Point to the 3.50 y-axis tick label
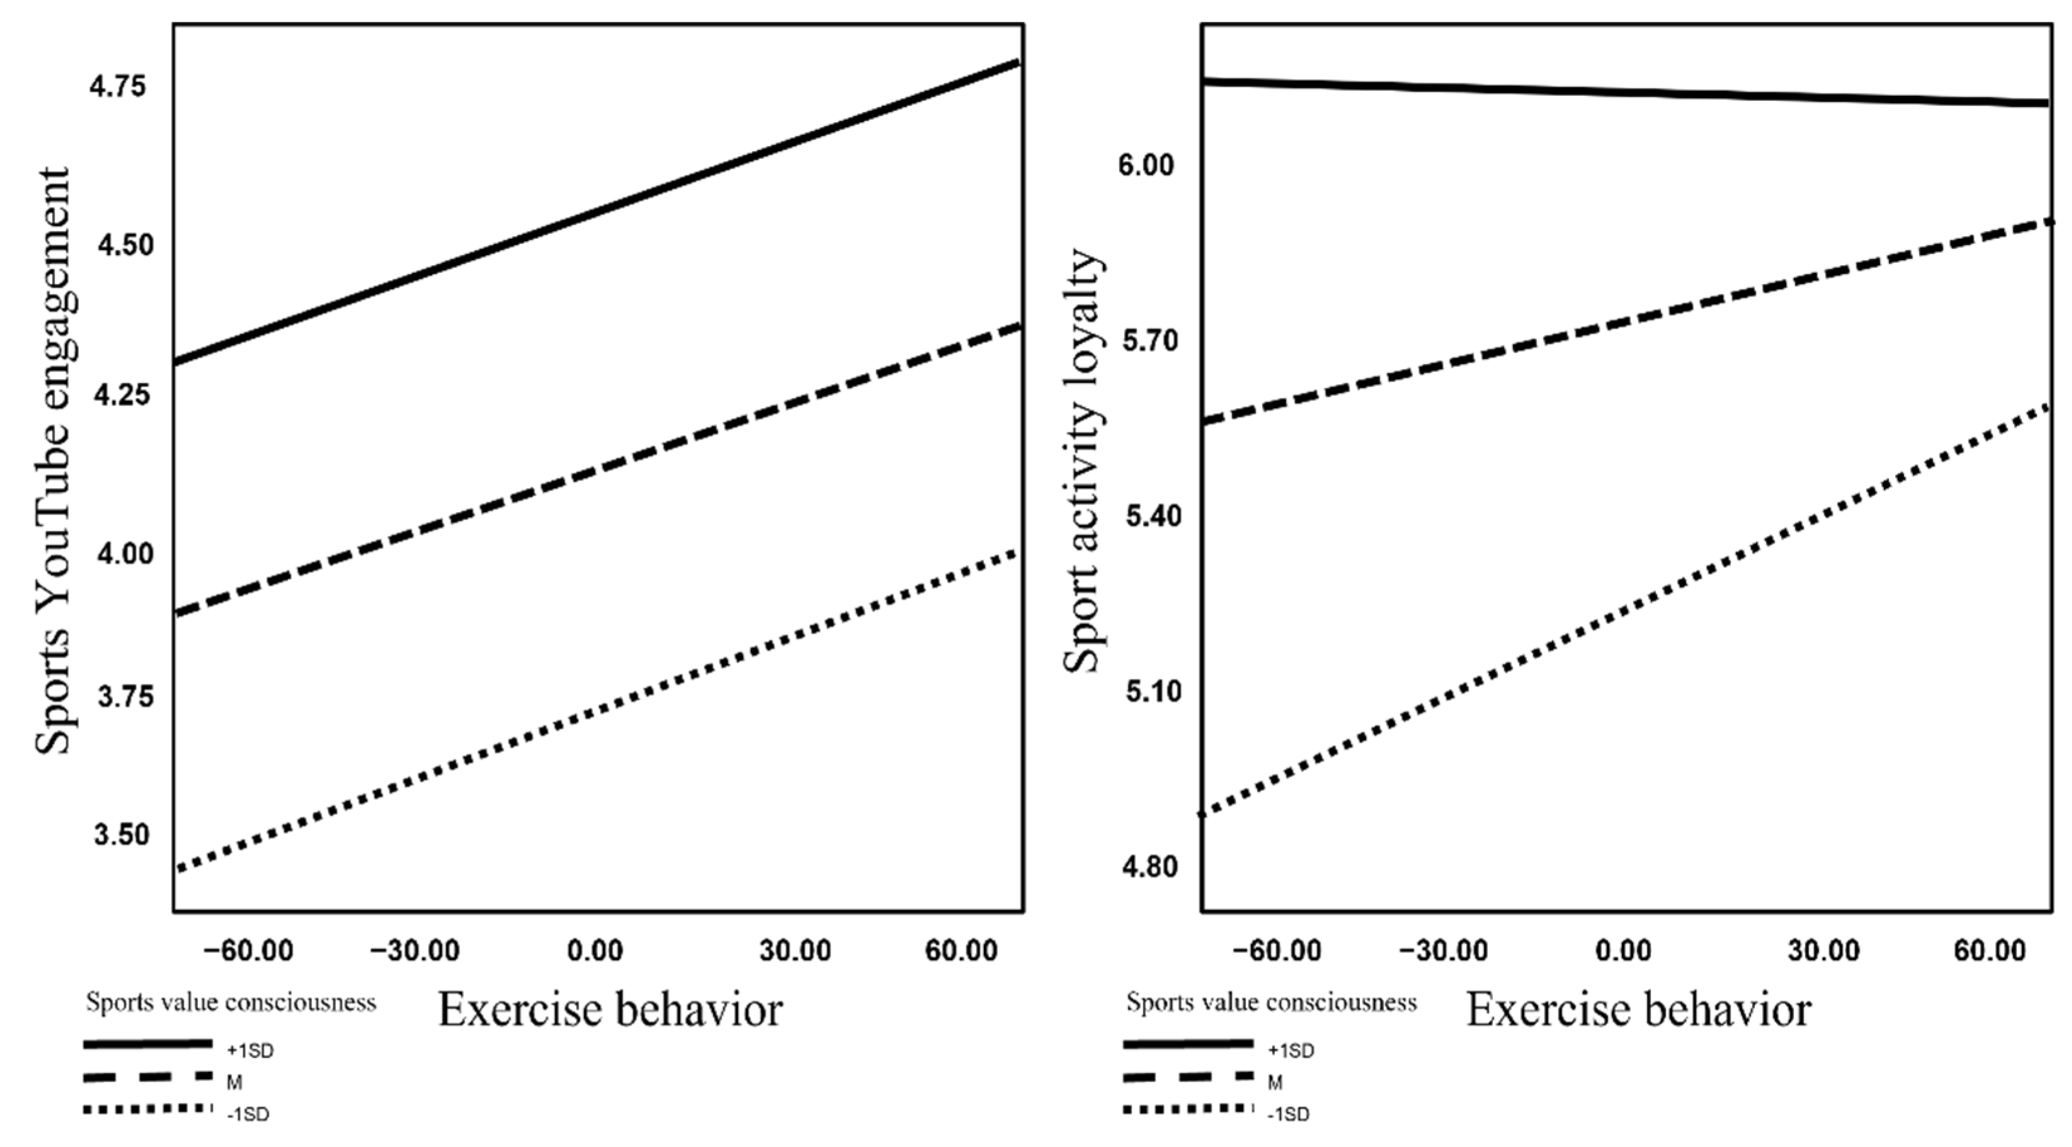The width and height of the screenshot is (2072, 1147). coord(122,835)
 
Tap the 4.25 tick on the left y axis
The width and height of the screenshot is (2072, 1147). coord(122,395)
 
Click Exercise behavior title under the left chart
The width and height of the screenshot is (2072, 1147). coord(610,1010)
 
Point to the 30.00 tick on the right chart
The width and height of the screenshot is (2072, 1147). coord(1823,951)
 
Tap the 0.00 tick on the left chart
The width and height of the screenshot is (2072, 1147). coord(595,951)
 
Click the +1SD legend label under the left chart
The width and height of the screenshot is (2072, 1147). coord(251,1051)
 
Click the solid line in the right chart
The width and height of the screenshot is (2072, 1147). coord(1625,93)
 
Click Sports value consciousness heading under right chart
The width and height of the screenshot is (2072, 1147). coord(1271,1003)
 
